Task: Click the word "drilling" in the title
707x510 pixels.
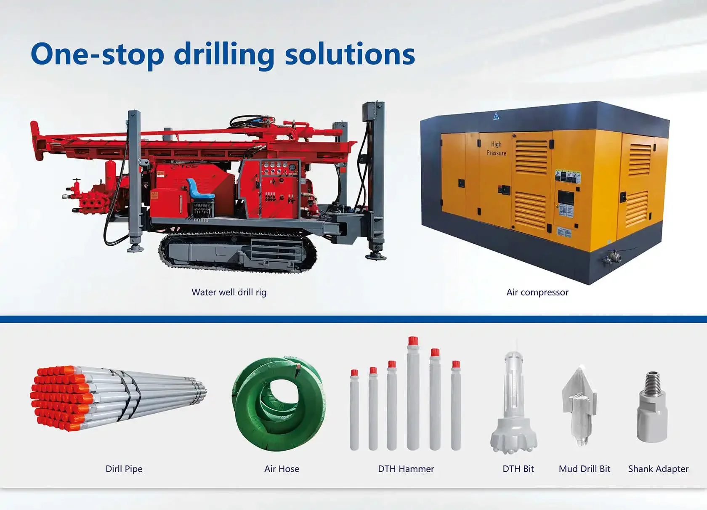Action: pos(224,55)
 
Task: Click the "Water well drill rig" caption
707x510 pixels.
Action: pos(229,292)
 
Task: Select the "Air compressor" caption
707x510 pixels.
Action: pos(537,292)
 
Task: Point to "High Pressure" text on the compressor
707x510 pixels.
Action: pos(496,149)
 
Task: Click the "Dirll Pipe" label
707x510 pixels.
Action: pos(124,469)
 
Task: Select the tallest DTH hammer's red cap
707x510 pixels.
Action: pos(413,341)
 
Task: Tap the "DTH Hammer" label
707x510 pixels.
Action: pos(406,469)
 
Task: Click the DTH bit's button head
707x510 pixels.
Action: pos(513,438)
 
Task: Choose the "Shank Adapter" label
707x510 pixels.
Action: pos(658,469)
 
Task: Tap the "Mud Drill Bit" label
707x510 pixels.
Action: pos(584,469)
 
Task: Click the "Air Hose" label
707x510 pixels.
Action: pos(282,469)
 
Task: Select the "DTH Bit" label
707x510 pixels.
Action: pos(518,469)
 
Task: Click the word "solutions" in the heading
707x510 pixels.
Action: pos(350,55)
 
